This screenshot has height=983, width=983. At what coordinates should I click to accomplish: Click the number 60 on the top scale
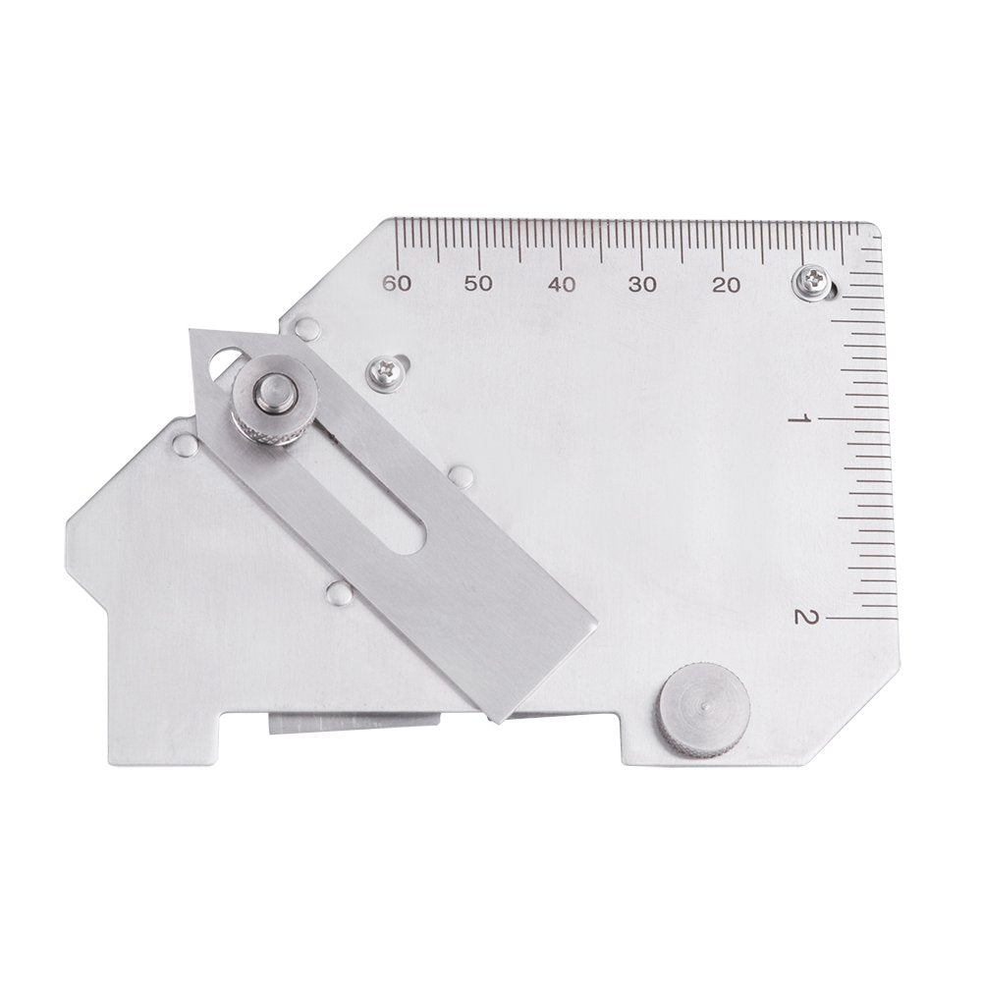396,284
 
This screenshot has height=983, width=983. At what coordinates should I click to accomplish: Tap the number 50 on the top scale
478,284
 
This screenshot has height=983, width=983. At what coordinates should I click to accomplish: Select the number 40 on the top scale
561,284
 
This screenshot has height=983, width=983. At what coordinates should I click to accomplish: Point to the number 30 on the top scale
643,284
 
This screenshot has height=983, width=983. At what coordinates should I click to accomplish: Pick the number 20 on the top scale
726,284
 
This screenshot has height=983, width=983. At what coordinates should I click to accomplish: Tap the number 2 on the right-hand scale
803,617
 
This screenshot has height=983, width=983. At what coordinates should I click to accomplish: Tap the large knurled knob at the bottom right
704,710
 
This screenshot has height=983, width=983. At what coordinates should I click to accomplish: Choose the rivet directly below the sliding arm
339,592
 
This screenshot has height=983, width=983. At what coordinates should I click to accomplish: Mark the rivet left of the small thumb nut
184,447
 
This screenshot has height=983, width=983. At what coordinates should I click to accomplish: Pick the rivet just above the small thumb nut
307,329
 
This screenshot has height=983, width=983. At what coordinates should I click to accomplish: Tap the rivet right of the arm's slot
460,477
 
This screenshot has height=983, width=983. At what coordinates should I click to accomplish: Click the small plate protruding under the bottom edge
354,725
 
